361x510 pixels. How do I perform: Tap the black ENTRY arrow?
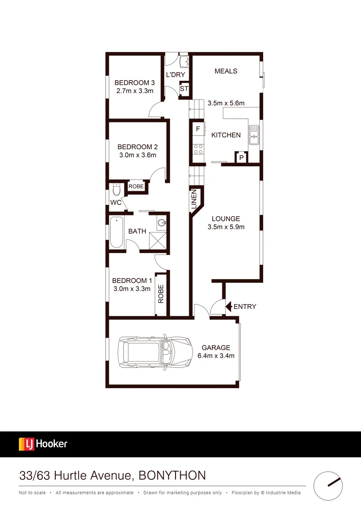(x=228, y=306)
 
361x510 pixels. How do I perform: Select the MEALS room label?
(x=226, y=71)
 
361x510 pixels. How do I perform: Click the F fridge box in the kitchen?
(x=198, y=128)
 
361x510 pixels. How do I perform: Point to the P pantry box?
(x=241, y=158)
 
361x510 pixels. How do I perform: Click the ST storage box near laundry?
(x=184, y=89)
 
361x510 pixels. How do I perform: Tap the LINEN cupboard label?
(x=194, y=199)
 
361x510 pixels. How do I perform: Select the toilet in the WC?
(x=116, y=190)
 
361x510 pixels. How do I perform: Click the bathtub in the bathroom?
(x=116, y=232)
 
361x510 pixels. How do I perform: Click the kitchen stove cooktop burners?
(x=198, y=150)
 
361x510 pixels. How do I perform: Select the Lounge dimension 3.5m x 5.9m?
(x=226, y=227)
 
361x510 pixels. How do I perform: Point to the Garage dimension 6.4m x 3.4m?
(x=216, y=356)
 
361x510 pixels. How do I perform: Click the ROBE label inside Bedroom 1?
(x=161, y=294)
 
